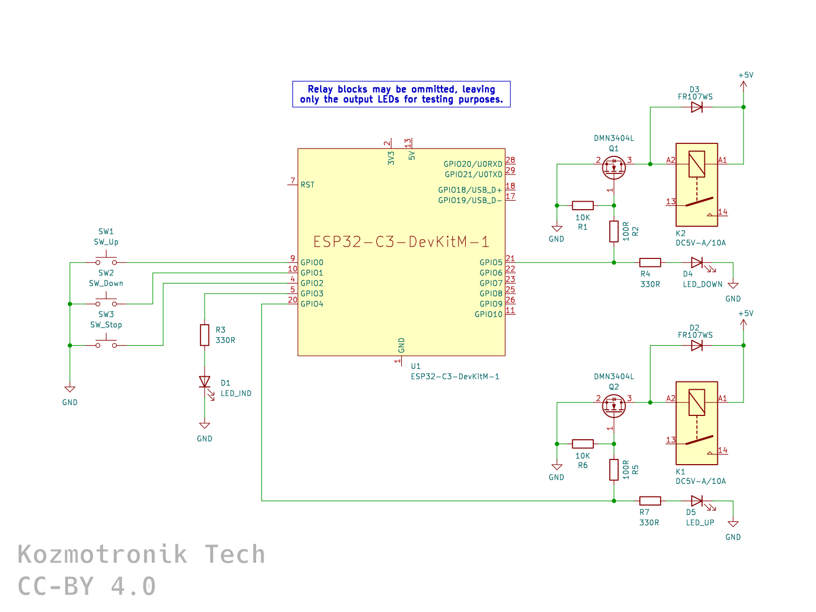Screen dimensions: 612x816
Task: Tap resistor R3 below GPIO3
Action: click(x=205, y=335)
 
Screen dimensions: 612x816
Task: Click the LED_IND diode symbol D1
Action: click(x=205, y=382)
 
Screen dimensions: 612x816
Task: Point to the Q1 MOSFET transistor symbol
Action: click(x=614, y=167)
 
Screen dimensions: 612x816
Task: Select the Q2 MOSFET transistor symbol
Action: click(x=614, y=405)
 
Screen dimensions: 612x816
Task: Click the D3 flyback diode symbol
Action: click(x=696, y=107)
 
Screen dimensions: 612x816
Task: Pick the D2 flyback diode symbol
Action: click(x=696, y=345)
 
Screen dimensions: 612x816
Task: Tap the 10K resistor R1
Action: click(x=583, y=206)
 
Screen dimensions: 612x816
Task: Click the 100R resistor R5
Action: click(x=614, y=470)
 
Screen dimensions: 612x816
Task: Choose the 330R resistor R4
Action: click(x=650, y=262)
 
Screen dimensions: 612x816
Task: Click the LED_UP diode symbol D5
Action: click(x=696, y=501)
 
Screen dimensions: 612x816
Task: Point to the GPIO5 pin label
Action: click(x=491, y=262)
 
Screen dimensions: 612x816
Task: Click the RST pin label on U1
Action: click(x=307, y=185)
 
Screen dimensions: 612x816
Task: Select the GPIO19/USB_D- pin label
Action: click(x=470, y=200)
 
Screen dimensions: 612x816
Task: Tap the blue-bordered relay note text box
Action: click(x=401, y=94)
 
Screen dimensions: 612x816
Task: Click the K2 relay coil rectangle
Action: click(x=696, y=164)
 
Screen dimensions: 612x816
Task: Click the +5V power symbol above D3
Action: click(x=743, y=84)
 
